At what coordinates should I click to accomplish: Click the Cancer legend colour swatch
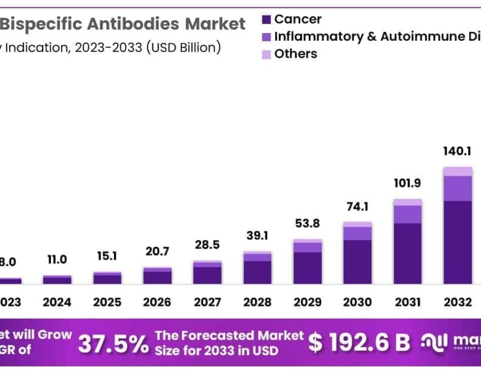(x=267, y=20)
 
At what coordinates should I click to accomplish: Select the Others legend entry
(x=296, y=54)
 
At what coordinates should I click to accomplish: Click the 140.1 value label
(x=457, y=152)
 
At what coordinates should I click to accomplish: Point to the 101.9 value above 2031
(x=407, y=184)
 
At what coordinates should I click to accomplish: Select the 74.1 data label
(x=357, y=207)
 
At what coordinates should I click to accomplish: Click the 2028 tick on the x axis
(x=257, y=302)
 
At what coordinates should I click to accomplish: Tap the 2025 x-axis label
(x=107, y=302)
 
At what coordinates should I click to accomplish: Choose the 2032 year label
(x=457, y=302)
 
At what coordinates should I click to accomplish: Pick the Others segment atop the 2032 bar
(x=457, y=172)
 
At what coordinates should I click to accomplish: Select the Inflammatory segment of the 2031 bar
(x=407, y=214)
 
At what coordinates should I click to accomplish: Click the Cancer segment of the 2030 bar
(x=357, y=262)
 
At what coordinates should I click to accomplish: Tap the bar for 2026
(x=157, y=276)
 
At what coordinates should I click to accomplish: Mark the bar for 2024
(x=57, y=279)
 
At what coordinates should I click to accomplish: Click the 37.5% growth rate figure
(x=113, y=344)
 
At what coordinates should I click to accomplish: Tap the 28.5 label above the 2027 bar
(x=207, y=246)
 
